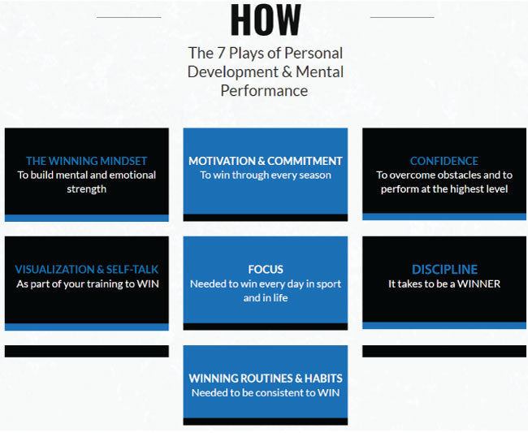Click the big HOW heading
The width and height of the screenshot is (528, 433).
pyautogui.click(x=265, y=20)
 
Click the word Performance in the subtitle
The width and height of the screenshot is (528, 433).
pyautogui.click(x=264, y=90)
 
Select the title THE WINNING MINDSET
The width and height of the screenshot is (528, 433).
pyautogui.click(x=86, y=161)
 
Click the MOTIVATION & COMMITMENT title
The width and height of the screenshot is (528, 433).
pyautogui.click(x=266, y=161)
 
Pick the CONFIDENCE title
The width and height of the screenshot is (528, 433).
pyautogui.click(x=444, y=161)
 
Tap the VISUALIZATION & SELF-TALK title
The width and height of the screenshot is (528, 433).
pyautogui.click(x=86, y=270)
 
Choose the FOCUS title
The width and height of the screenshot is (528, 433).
pyautogui.click(x=266, y=270)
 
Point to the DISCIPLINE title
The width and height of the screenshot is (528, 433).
pyautogui.click(x=444, y=270)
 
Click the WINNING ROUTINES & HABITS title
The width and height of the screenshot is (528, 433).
pyautogui.click(x=266, y=379)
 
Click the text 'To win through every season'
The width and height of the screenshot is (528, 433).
pyautogui.click(x=266, y=175)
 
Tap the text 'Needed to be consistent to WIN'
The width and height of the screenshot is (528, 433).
pyautogui.click(x=266, y=393)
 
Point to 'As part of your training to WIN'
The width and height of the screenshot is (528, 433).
pyautogui.click(x=86, y=284)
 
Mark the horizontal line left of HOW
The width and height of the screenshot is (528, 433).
pyautogui.click(x=128, y=16)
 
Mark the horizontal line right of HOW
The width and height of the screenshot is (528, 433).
pyautogui.click(x=401, y=16)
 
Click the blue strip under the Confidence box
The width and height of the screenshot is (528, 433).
pyautogui.click(x=444, y=217)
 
